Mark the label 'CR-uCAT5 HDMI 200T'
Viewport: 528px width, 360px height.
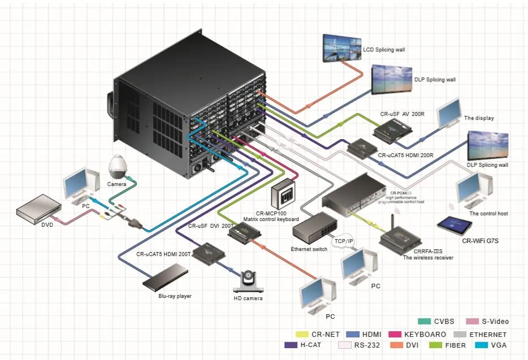(x=164, y=254)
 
